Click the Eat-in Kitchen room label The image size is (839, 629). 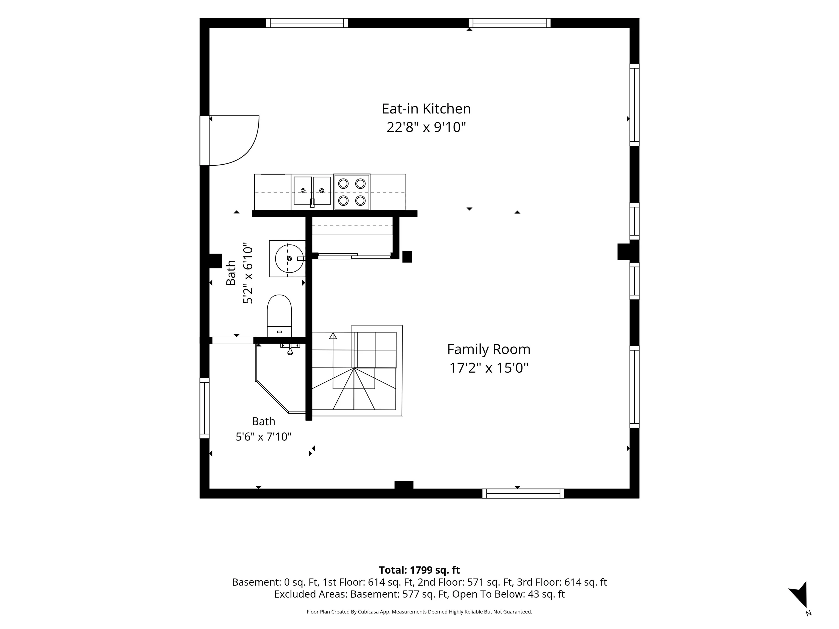point(426,109)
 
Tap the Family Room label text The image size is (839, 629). point(489,349)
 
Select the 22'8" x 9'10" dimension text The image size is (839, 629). point(426,127)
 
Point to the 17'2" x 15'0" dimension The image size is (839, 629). point(489,368)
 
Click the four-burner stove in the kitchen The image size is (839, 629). point(351,192)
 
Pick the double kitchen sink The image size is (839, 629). point(312,191)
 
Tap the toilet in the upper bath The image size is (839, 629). point(280,316)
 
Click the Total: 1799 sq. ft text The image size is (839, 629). point(419,570)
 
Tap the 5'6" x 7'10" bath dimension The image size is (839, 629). point(264,437)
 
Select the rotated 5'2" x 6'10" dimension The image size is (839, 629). point(248,273)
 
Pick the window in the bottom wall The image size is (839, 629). point(523,493)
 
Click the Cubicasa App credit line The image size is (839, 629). point(419,612)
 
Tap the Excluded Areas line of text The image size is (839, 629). point(419,594)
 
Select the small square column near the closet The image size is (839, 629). point(407,257)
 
